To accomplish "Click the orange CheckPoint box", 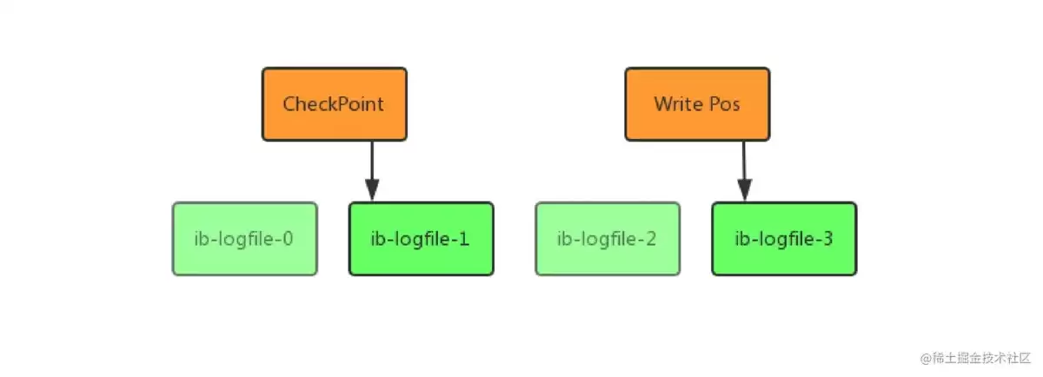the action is pyautogui.click(x=335, y=104).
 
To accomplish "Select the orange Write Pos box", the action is pyautogui.click(x=697, y=104).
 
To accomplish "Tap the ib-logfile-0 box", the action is pyautogui.click(x=245, y=239).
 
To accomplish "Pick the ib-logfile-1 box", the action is pyautogui.click(x=422, y=239).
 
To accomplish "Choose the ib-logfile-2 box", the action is pyautogui.click(x=608, y=239).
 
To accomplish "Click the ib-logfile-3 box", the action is pyautogui.click(x=784, y=239).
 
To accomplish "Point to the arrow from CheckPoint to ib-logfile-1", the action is pyautogui.click(x=372, y=171).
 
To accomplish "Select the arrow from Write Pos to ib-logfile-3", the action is pyautogui.click(x=744, y=171).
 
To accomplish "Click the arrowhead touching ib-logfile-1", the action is pyautogui.click(x=372, y=190).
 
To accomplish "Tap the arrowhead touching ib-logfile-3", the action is pyautogui.click(x=745, y=190).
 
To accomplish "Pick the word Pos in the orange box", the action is pyautogui.click(x=724, y=104).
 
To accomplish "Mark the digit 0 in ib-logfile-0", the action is pyautogui.click(x=288, y=239).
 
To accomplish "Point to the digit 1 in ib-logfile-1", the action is pyautogui.click(x=464, y=239).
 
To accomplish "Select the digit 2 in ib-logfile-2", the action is pyautogui.click(x=650, y=239).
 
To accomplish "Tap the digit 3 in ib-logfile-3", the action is pyautogui.click(x=827, y=239).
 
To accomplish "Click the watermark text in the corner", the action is pyautogui.click(x=975, y=358).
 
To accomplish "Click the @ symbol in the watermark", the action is pyautogui.click(x=926, y=359).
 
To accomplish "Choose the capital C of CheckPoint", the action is pyautogui.click(x=290, y=104).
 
